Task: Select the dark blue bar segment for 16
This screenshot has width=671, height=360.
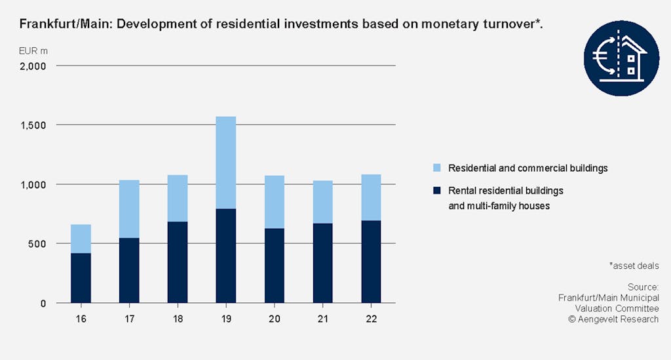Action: [x=81, y=277]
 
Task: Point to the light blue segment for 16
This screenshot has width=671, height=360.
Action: [x=81, y=239]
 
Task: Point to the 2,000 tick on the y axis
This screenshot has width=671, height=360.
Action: [x=32, y=66]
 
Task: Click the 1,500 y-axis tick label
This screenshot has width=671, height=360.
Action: [x=32, y=125]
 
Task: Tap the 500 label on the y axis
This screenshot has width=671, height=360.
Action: [x=37, y=244]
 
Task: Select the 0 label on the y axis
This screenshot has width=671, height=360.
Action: [x=43, y=303]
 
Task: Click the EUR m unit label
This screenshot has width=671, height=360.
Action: [x=33, y=50]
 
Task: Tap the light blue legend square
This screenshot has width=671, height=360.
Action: [x=434, y=169]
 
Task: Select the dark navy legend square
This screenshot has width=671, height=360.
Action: [x=434, y=191]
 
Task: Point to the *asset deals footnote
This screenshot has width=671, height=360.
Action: [x=634, y=266]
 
